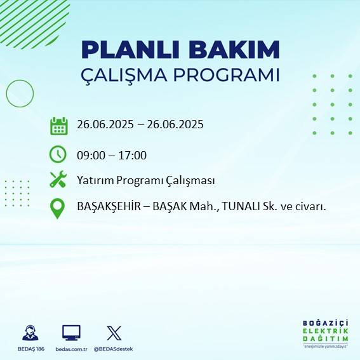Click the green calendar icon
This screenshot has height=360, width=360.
point(58,125)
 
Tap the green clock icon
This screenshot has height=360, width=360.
point(58,154)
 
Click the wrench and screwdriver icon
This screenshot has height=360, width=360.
point(58,180)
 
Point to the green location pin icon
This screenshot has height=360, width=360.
point(58,208)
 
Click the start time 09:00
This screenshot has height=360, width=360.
point(90,154)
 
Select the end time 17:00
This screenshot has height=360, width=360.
point(133,154)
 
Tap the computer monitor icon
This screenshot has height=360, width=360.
point(71,332)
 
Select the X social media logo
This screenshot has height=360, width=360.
point(114,332)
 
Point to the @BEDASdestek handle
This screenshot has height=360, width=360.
point(114,349)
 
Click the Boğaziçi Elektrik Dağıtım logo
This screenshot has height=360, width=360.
point(326,333)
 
